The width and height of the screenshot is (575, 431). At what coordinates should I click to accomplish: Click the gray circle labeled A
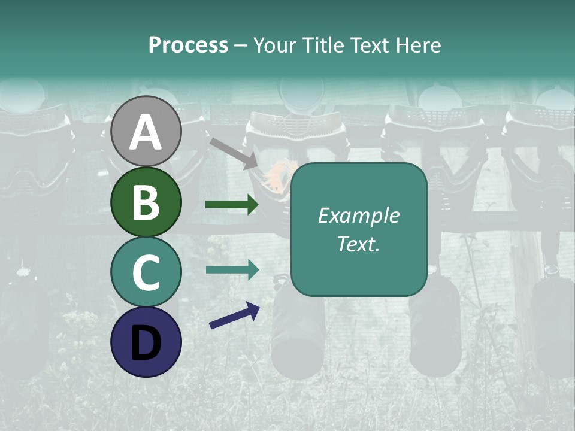(x=146, y=131)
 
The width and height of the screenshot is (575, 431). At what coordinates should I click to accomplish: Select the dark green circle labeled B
(x=146, y=202)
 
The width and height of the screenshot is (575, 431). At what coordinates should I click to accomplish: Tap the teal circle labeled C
(x=146, y=272)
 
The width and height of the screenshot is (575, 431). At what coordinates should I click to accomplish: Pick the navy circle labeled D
(x=146, y=342)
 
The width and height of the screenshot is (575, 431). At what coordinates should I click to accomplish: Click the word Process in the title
(x=188, y=45)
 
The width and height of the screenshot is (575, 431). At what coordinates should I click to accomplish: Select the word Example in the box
(x=358, y=216)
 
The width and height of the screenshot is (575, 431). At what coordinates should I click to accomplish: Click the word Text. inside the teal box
(x=358, y=244)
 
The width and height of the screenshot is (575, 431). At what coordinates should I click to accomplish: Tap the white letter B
(x=146, y=202)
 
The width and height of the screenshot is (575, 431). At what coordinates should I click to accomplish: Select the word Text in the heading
(x=372, y=45)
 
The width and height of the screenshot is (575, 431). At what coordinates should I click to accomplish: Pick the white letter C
(x=146, y=272)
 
